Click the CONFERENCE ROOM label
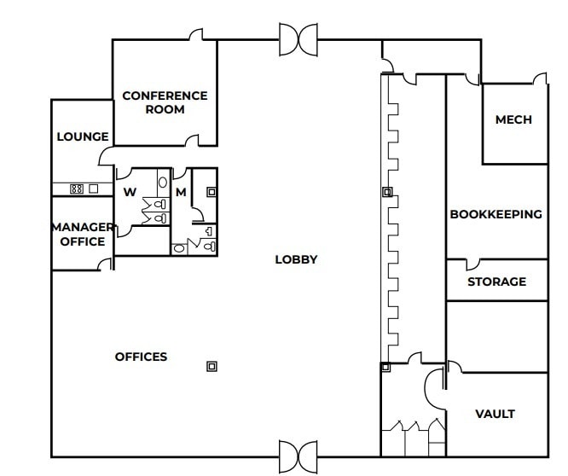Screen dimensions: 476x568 coord(165,102)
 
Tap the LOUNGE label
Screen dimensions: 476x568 coord(83,136)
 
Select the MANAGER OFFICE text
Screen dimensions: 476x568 coord(83,234)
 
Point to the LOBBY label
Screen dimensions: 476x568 coord(296,259)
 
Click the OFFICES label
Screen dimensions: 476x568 coord(142,357)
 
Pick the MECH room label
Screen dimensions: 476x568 coord(513,119)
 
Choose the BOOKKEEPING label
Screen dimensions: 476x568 coord(496,214)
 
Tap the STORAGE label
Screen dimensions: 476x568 coord(496,282)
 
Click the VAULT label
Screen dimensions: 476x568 coord(495,414)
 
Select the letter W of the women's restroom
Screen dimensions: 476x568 coord(130,192)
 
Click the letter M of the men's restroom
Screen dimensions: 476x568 coord(181,192)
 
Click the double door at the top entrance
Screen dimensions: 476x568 coord(298,38)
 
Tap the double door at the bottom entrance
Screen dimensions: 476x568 coord(298,456)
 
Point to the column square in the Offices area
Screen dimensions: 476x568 coord(212,366)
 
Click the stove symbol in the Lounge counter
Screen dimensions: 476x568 coord(76,189)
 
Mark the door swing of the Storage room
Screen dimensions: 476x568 coord(472,264)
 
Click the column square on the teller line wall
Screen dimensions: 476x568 coord(386,192)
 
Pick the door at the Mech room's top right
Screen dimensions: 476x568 coord(540,79)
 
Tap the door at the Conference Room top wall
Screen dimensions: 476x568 coord(195,34)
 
